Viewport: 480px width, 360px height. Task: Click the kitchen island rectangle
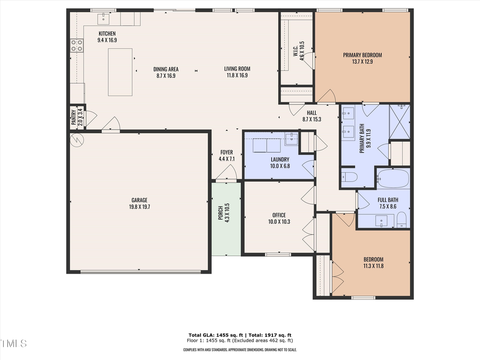(x=120, y=71)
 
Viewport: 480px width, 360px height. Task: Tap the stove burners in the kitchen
(x=77, y=46)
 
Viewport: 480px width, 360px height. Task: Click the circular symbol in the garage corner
(x=77, y=141)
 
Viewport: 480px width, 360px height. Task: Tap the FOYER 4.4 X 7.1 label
(x=226, y=155)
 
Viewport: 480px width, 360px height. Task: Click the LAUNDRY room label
(x=279, y=163)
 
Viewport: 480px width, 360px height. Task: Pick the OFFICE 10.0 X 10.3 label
(x=279, y=219)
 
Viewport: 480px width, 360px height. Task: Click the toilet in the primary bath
(x=349, y=177)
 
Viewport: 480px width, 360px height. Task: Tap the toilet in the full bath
(x=402, y=219)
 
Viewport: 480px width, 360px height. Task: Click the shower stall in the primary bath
(x=400, y=122)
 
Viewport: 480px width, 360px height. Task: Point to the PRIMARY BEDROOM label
(x=362, y=58)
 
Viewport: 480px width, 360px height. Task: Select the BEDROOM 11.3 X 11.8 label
(x=373, y=262)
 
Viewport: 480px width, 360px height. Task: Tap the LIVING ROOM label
(x=237, y=71)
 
